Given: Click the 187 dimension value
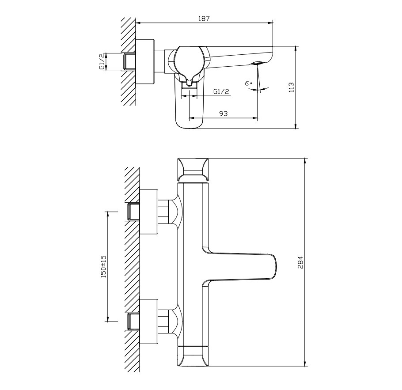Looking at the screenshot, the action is coord(204,19).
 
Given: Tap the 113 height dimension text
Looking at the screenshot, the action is coord(291,87).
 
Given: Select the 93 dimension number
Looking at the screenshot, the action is coord(223,114).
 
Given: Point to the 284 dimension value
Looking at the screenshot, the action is coord(300,262).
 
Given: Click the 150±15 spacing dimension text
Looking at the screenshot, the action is coord(103,267).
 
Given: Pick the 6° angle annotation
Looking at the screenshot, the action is coord(248,83).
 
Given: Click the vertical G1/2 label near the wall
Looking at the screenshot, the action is coord(102,62).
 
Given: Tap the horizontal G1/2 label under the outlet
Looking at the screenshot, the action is coord(221,91).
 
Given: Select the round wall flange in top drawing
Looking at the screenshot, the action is coord(145,62).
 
